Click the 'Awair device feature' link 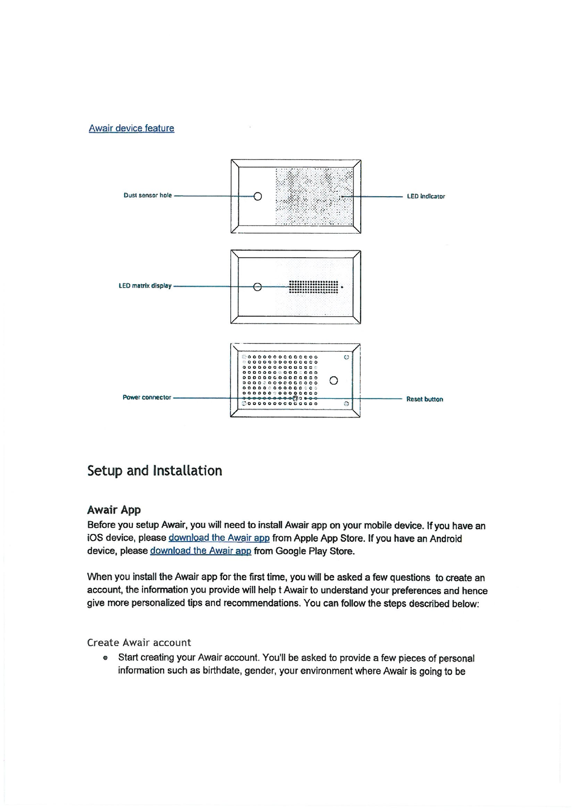131,128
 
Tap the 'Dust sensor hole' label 147,195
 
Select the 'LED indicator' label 426,196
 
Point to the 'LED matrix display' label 145,286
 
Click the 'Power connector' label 147,398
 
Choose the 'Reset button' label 424,399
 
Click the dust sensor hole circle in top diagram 258,196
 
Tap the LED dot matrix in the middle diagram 313,287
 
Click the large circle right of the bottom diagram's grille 334,381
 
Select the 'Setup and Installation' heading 155,470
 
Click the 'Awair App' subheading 114,510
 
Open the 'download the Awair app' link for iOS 219,538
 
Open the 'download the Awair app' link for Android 200,551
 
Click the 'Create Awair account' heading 139,642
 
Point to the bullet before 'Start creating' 104,658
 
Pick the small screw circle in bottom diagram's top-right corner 346,358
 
